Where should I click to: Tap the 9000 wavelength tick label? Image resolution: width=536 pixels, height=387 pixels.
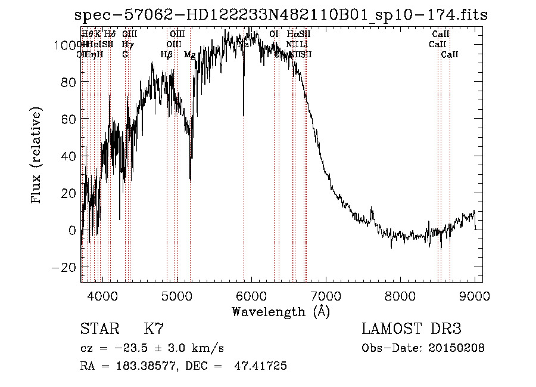click(475, 295)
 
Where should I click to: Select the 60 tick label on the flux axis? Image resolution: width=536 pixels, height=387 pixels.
click(67, 119)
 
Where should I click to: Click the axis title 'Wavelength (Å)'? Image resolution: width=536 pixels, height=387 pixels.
click(281, 311)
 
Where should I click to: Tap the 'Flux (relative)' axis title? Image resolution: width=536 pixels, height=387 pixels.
click(36, 156)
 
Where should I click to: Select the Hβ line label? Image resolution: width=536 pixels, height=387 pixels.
click(166, 55)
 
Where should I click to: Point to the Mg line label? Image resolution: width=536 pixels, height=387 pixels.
click(189, 55)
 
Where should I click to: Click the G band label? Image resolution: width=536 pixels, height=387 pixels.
click(125, 55)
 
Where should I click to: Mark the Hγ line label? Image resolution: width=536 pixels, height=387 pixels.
click(127, 45)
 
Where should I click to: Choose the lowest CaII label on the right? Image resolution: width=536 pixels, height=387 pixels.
click(450, 55)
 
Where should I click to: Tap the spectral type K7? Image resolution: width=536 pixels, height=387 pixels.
click(154, 329)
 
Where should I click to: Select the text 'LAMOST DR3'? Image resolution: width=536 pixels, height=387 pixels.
click(412, 329)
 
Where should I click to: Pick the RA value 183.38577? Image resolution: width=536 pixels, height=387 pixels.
click(141, 366)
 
